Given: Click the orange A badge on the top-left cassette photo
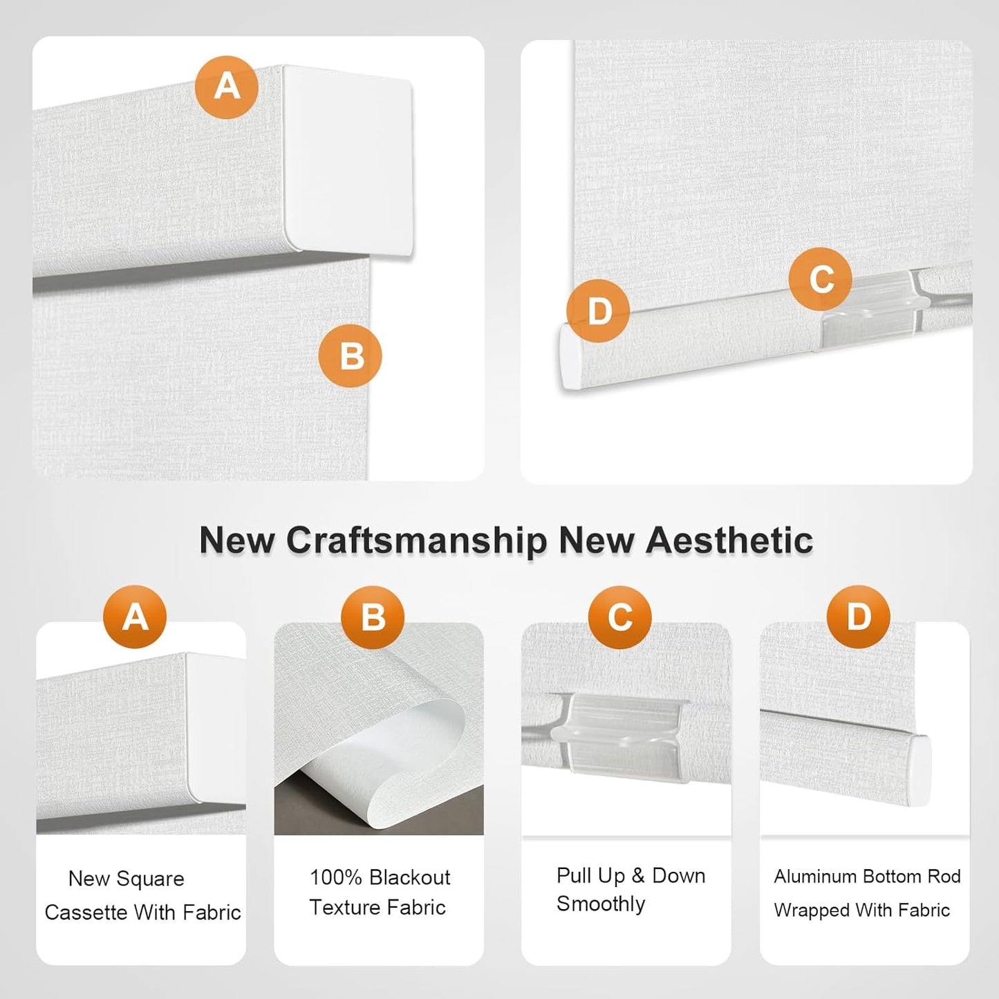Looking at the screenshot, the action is click(x=227, y=87).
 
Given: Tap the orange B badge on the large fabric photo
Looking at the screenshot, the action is click(x=350, y=355).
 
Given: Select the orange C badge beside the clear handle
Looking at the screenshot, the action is click(x=821, y=279).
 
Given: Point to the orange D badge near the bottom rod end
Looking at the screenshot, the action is click(x=598, y=310).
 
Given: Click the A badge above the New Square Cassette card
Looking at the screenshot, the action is click(x=135, y=617).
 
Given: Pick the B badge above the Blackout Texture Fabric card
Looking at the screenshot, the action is click(x=373, y=617).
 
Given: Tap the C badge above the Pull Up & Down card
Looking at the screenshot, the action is click(x=620, y=617).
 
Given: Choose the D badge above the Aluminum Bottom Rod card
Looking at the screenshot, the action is click(x=859, y=617).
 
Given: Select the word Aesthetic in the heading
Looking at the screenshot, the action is click(x=729, y=540).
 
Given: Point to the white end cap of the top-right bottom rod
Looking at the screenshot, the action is click(x=570, y=357).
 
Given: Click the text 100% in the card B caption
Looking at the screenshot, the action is click(x=335, y=878).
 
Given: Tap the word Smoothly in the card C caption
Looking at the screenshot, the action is click(x=601, y=904).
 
